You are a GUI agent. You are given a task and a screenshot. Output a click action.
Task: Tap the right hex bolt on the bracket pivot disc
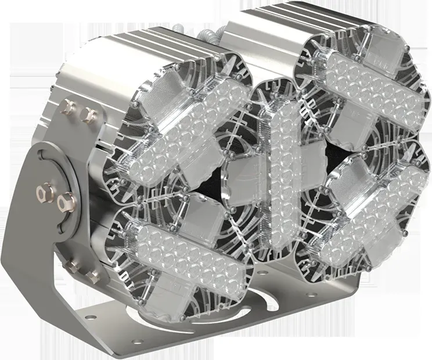63,201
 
